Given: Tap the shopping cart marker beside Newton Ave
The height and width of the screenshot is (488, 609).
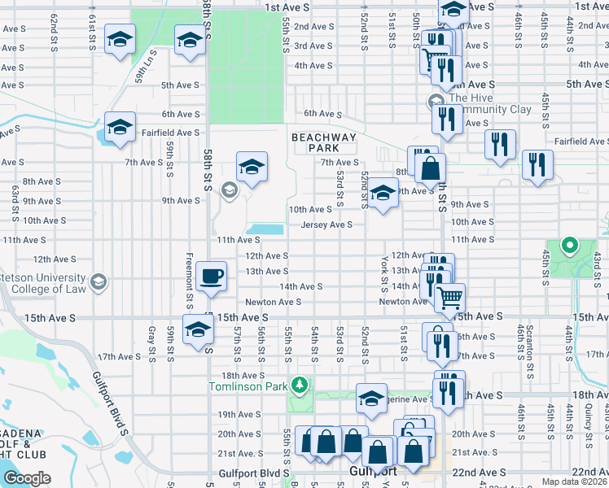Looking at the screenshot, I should [448, 298].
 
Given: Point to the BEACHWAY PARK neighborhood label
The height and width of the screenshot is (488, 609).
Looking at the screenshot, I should [324, 143].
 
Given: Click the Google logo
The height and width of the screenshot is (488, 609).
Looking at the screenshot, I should [27, 478].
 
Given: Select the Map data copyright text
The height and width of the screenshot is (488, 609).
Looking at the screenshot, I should [574, 481].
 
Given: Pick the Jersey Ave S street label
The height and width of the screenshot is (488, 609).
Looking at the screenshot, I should [326, 224].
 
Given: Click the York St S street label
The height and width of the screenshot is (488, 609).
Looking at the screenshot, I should [383, 272].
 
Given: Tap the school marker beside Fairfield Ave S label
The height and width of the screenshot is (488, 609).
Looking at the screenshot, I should [120, 128].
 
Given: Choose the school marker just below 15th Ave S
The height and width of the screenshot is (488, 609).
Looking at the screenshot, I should [197, 330].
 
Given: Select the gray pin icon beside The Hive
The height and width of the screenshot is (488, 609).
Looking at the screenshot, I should [435, 102].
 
